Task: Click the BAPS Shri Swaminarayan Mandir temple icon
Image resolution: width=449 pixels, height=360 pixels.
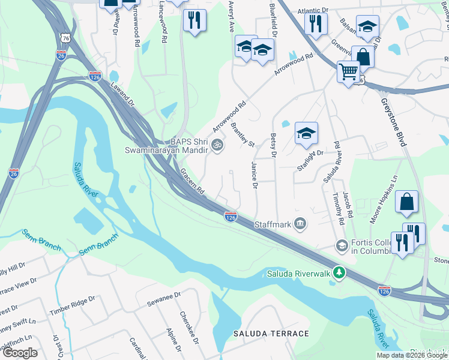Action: tap(218, 145)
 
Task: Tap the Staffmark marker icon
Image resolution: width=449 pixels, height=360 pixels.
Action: tap(301, 224)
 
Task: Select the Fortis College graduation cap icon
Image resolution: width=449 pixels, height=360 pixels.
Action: tap(342, 245)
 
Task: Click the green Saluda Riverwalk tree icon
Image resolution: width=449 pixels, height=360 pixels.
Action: tap(340, 274)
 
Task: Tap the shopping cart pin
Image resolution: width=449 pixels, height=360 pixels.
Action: tap(348, 72)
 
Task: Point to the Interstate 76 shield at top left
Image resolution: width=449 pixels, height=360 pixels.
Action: tap(65, 38)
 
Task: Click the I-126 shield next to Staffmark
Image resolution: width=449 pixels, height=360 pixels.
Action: tap(231, 216)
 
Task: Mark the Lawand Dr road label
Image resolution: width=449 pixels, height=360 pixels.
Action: tap(122, 94)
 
